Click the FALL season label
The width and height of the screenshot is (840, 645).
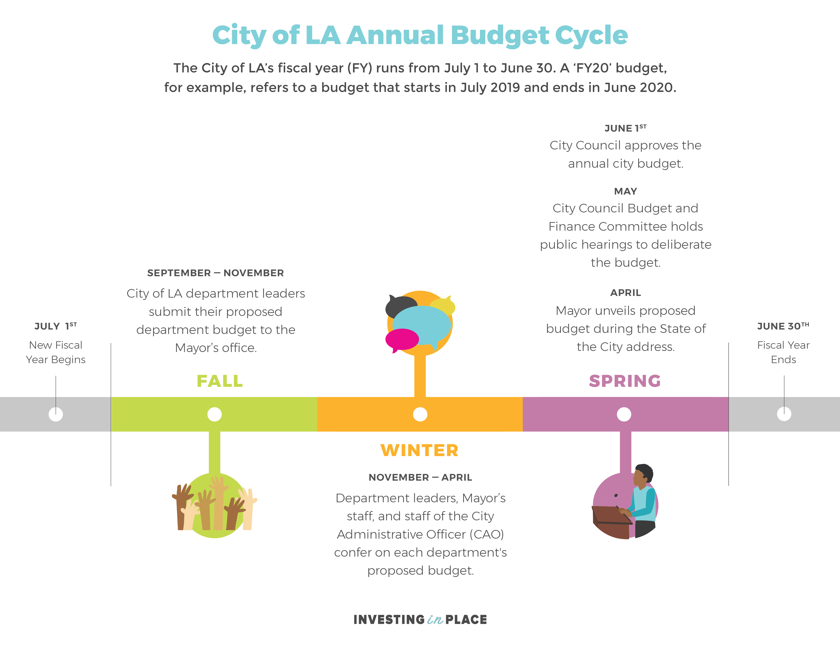(x=220, y=381)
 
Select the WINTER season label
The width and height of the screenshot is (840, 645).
(x=419, y=450)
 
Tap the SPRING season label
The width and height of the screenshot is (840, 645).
(x=625, y=381)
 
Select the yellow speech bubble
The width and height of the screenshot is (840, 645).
(x=443, y=307)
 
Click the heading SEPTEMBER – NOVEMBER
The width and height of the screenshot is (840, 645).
(x=215, y=273)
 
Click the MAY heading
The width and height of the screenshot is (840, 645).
(x=625, y=191)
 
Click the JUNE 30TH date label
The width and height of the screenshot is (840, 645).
(x=783, y=326)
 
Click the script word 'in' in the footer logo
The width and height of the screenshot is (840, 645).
(x=435, y=620)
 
